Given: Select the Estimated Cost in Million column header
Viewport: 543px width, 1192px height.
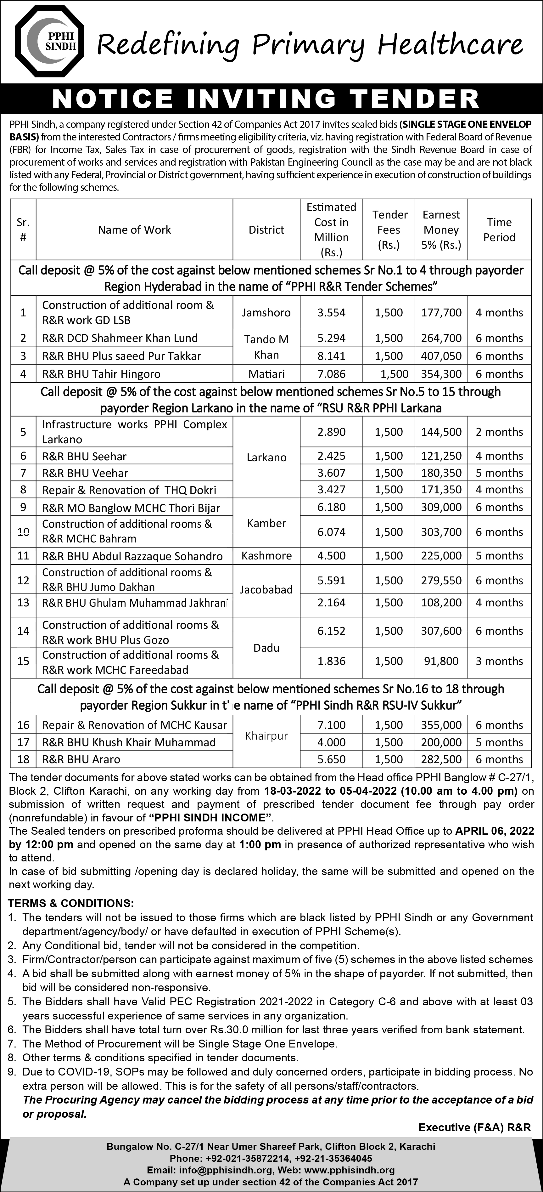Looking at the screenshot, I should click(331, 230).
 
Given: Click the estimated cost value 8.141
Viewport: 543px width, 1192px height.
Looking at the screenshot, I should click(331, 356).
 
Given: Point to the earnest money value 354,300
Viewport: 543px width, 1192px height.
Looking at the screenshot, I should click(441, 374).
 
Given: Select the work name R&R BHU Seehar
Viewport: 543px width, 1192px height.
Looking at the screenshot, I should click(84, 456).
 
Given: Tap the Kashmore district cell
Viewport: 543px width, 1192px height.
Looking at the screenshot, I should click(266, 556).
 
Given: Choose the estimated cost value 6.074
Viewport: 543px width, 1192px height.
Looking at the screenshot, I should click(331, 532).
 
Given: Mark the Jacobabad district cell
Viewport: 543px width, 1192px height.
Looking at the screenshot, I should click(266, 589).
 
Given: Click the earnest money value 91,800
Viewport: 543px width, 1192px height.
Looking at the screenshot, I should click(441, 661).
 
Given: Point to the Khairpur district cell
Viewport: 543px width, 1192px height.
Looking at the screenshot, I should click(266, 736).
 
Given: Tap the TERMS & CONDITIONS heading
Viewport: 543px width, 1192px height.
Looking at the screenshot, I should click(71, 903).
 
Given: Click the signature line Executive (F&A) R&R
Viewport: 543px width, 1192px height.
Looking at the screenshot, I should click(474, 1128).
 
